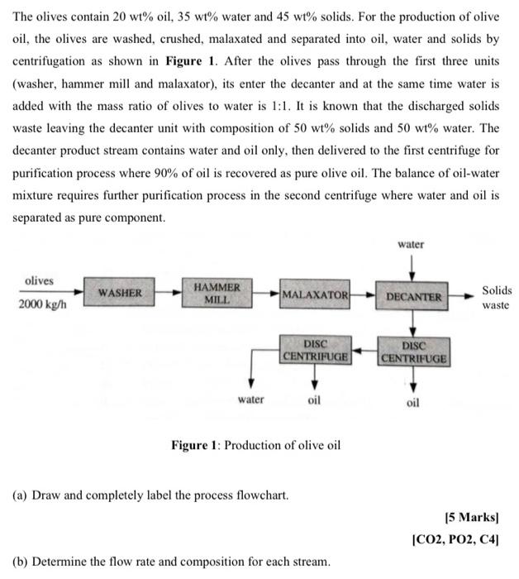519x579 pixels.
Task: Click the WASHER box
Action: pyautogui.click(x=120, y=293)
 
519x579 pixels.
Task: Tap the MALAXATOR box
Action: pyautogui.click(x=315, y=294)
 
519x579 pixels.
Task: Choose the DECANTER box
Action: pyautogui.click(x=414, y=295)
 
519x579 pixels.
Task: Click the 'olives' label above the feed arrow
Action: pyautogui.click(x=40, y=280)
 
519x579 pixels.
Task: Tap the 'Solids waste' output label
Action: pyautogui.click(x=497, y=298)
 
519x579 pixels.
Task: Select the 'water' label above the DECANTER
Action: pyautogui.click(x=411, y=244)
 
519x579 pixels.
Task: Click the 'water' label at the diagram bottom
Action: pyautogui.click(x=250, y=400)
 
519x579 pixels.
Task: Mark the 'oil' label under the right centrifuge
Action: pyautogui.click(x=413, y=403)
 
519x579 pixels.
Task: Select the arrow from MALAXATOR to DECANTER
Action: pyautogui.click(x=364, y=295)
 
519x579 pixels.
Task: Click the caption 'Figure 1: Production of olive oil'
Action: pyautogui.click(x=255, y=445)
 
